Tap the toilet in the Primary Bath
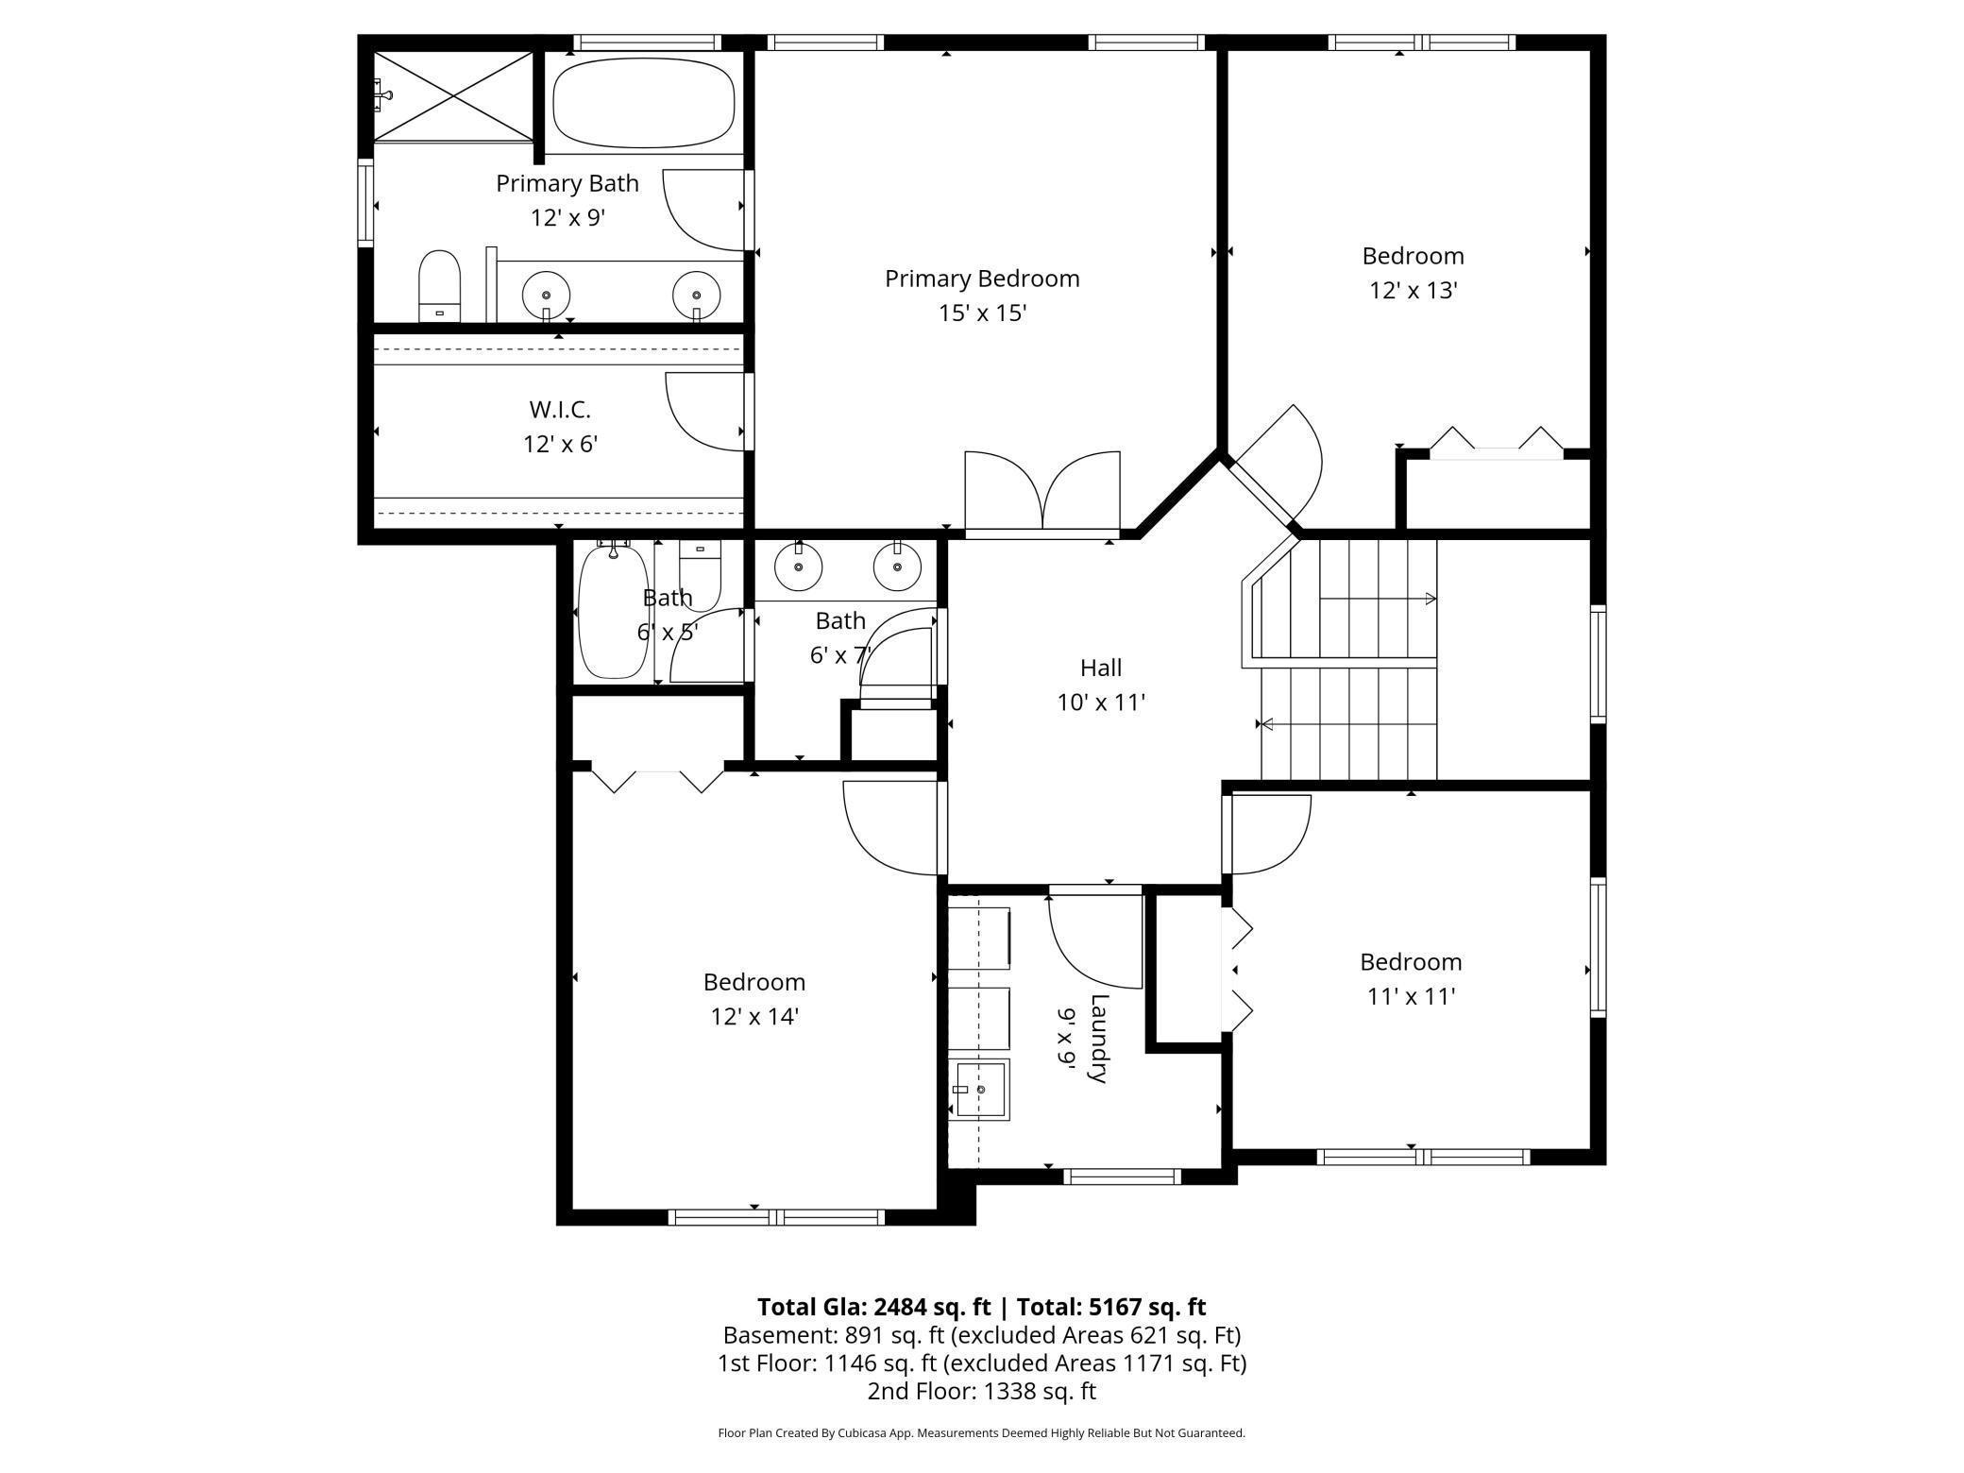pyautogui.click(x=439, y=286)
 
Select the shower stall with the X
pyautogui.click(x=454, y=95)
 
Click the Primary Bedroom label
pyautogui.click(x=982, y=279)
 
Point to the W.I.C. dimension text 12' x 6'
pyautogui.click(x=561, y=444)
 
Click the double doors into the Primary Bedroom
pyautogui.click(x=1042, y=493)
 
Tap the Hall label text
pyautogui.click(x=1101, y=668)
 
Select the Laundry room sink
pyautogui.click(x=980, y=1090)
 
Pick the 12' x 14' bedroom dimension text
pyautogui.click(x=754, y=1016)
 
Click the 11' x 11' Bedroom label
pyautogui.click(x=1411, y=962)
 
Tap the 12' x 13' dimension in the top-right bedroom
pyautogui.click(x=1414, y=290)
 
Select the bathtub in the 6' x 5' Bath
pyautogui.click(x=613, y=612)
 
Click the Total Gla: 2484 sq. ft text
pyautogui.click(x=873, y=1307)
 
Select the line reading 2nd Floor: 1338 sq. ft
pyautogui.click(x=981, y=1391)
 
